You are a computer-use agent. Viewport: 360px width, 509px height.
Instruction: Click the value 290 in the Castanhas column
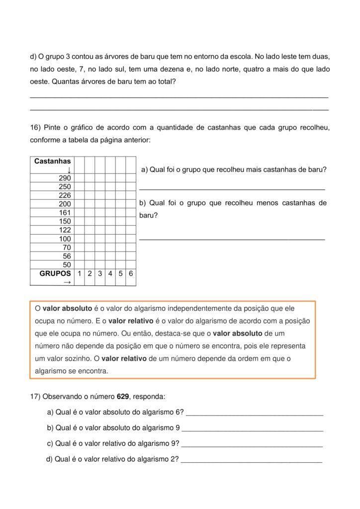pos(65,178)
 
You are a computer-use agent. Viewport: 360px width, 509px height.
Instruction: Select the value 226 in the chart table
pos(65,195)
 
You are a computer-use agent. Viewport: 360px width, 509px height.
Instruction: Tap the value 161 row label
pos(65,213)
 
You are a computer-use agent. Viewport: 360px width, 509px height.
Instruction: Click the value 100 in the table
pos(65,239)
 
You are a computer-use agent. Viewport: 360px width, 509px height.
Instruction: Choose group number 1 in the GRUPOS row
pos(79,273)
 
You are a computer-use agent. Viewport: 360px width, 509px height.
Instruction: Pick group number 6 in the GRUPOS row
pos(131,273)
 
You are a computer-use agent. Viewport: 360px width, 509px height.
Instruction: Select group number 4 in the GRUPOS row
pos(110,273)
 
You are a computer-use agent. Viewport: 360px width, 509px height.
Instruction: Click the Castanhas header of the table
pos(52,161)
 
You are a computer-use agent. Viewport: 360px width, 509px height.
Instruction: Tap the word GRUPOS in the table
pos(55,273)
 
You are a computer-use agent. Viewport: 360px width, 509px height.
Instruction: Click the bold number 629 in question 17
pos(123,397)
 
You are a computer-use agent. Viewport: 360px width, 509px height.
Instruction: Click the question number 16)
pos(36,128)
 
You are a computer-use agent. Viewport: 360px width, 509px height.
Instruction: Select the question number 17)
pos(36,397)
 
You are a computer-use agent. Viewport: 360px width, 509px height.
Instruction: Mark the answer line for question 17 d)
pos(251,462)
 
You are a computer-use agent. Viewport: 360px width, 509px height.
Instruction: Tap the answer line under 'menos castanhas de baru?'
pos(232,240)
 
